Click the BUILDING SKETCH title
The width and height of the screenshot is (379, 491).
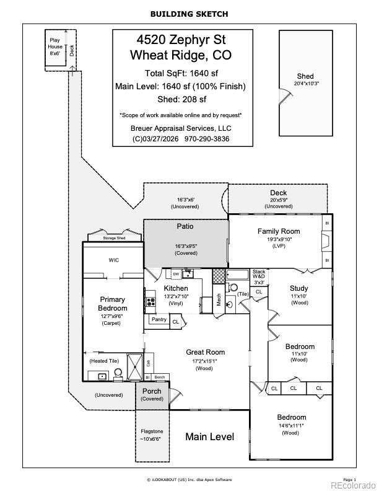click(189, 14)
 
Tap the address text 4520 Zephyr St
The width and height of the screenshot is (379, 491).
click(182, 40)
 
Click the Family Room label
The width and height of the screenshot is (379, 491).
click(279, 231)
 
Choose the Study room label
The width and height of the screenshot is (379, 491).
click(299, 288)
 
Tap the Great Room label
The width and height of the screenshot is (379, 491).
click(205, 352)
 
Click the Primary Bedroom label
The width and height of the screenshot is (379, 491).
click(112, 304)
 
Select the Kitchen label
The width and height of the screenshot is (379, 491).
click(176, 288)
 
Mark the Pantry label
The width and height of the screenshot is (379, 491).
click(159, 320)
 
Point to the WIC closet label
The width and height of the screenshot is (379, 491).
click(114, 260)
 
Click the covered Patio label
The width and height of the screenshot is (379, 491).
click(185, 227)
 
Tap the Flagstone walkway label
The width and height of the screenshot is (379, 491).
click(152, 431)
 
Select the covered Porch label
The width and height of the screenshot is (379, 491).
click(152, 391)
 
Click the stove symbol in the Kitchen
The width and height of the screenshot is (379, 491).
click(150, 303)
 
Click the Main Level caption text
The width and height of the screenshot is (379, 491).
click(210, 437)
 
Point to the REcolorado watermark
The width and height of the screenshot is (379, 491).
click(353, 485)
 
